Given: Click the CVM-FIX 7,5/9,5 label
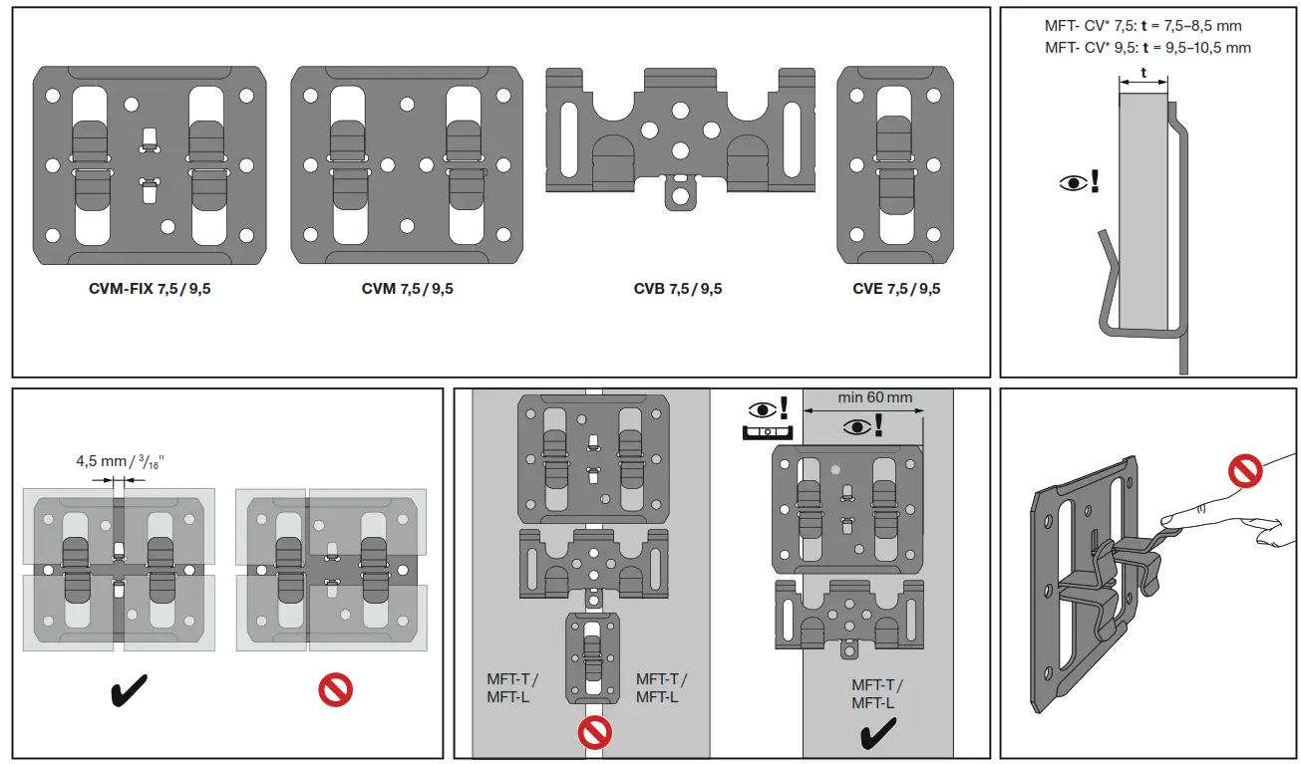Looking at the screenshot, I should (x=150, y=290).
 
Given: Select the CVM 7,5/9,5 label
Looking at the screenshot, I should (x=407, y=290).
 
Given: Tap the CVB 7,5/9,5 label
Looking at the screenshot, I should (x=678, y=290).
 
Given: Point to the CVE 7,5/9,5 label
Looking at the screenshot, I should (x=895, y=290).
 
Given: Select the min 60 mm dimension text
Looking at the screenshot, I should (x=874, y=397).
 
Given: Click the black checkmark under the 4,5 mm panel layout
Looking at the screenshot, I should (x=129, y=689).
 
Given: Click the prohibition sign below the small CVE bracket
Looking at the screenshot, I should (x=595, y=733).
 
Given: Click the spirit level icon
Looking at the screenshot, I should (x=767, y=431).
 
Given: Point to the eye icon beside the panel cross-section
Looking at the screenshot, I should (x=1073, y=183).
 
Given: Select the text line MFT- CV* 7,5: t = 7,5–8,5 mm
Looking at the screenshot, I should (x=1142, y=26).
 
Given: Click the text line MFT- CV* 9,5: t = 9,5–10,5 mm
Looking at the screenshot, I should (x=1146, y=47).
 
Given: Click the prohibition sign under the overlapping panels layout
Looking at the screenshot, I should (x=335, y=690).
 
